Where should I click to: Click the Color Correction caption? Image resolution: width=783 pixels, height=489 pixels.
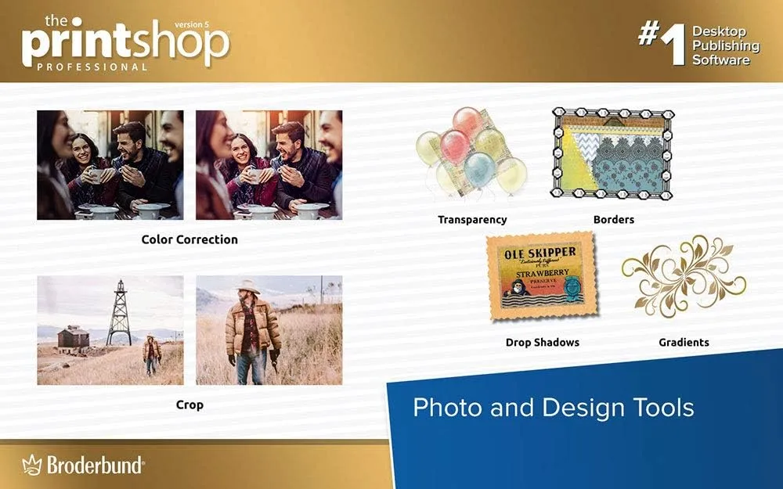click(189, 239)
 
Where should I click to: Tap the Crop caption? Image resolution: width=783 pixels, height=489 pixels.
click(189, 405)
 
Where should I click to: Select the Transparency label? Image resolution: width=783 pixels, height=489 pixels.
click(472, 220)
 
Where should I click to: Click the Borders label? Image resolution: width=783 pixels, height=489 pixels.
click(613, 220)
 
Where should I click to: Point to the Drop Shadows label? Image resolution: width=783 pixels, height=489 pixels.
click(542, 342)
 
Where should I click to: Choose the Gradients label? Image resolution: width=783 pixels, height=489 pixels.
click(684, 342)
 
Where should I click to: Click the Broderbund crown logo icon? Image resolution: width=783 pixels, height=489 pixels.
click(32, 465)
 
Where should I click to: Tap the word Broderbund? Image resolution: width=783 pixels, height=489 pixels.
click(95, 466)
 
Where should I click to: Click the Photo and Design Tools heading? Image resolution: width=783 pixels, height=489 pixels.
click(553, 407)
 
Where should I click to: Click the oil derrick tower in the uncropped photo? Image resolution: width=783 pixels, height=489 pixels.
click(119, 313)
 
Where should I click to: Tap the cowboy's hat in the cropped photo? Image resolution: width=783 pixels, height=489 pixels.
click(250, 287)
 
